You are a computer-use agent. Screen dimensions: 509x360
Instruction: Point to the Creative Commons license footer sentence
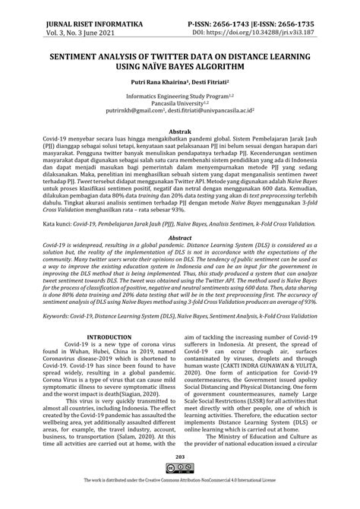(x=180, y=502)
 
